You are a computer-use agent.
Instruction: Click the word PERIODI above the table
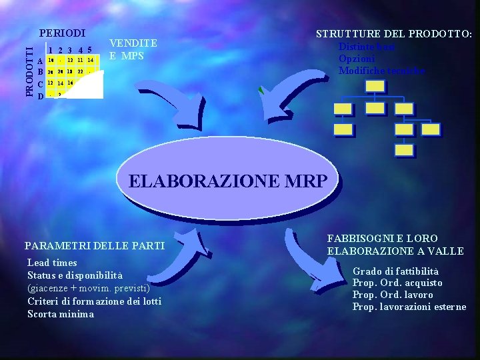pyautogui.click(x=62, y=33)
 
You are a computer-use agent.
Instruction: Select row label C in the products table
pyautogui.click(x=41, y=84)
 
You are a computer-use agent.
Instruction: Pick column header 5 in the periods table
pyautogui.click(x=89, y=49)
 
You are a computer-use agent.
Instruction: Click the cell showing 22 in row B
pyautogui.click(x=80, y=71)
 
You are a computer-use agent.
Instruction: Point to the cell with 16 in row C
pyautogui.click(x=70, y=83)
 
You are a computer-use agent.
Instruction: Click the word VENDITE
pyautogui.click(x=133, y=43)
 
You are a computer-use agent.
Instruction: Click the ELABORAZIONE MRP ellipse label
pyautogui.click(x=228, y=181)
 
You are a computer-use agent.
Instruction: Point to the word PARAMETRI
pyautogui.click(x=55, y=246)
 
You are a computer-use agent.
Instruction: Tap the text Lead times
pyautogui.click(x=52, y=263)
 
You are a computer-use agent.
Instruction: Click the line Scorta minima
pyautogui.click(x=61, y=313)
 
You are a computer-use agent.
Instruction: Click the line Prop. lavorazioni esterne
pyautogui.click(x=409, y=307)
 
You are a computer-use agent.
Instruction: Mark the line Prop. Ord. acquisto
pyautogui.click(x=397, y=283)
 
